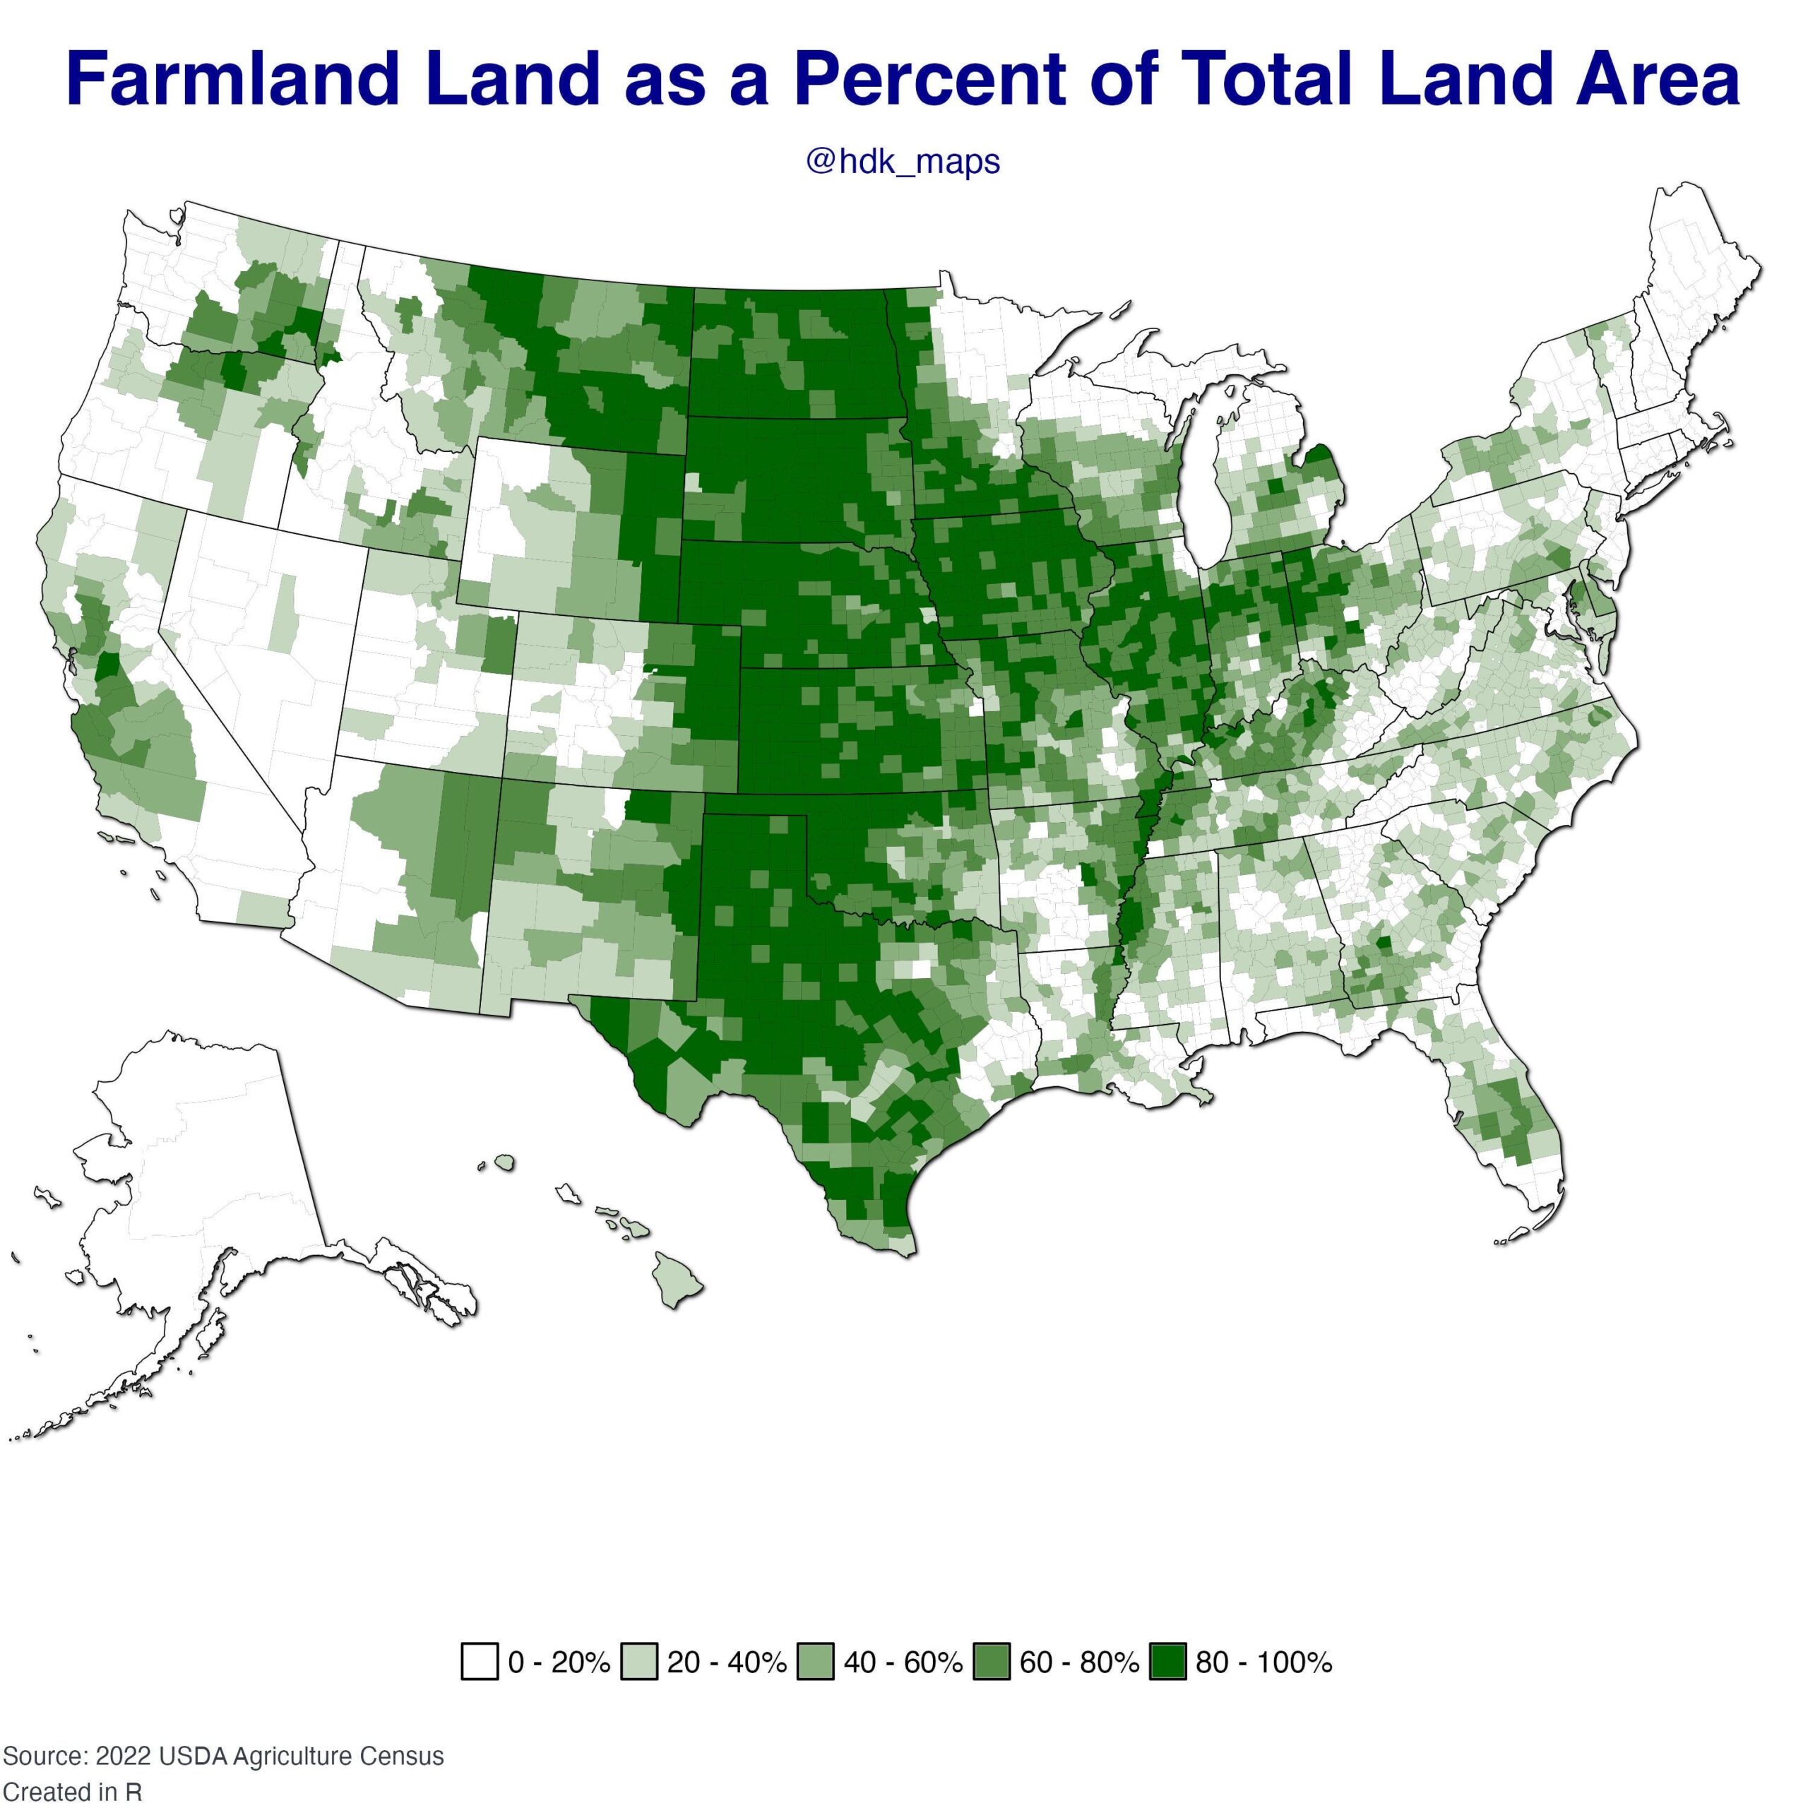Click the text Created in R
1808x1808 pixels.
(72, 1792)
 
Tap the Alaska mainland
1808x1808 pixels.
(215, 1170)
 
